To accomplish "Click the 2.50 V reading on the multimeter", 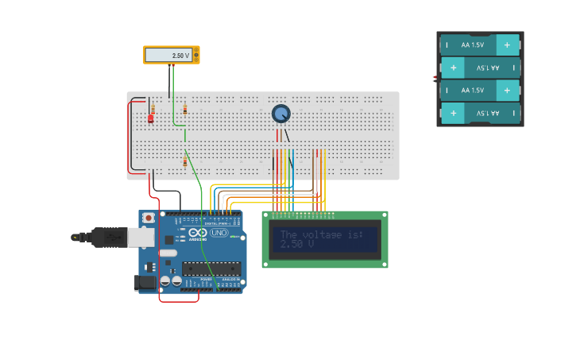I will [180, 56].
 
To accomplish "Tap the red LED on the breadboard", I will [150, 118].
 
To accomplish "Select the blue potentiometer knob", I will [280, 114].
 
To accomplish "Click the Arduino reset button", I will [148, 218].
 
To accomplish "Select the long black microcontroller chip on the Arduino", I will [211, 268].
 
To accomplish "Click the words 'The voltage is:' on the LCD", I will [321, 234].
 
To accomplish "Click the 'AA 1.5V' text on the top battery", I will [472, 45].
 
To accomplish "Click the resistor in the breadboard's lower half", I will [185, 162].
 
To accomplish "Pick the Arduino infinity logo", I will [197, 232].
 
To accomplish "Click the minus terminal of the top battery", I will [446, 45].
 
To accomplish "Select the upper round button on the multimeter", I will [196, 52].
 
